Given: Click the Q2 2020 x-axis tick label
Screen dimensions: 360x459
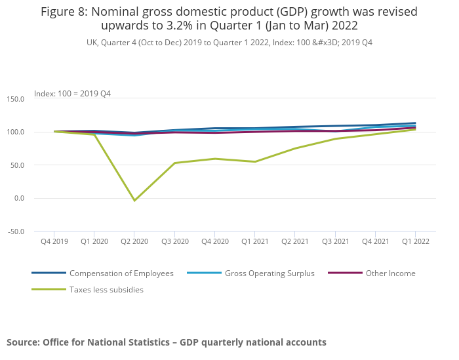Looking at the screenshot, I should (x=134, y=241).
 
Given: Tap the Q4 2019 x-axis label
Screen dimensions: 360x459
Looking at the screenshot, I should (x=54, y=241).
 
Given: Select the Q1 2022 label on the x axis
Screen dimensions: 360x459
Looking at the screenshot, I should (x=416, y=241).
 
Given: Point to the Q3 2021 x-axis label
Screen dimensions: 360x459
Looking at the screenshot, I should (x=335, y=241).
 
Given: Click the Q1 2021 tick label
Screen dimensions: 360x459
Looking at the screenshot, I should (x=254, y=241).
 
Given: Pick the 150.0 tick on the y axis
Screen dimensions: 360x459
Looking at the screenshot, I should (x=15, y=99).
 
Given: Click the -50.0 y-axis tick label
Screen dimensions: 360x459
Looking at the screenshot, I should (x=15, y=231).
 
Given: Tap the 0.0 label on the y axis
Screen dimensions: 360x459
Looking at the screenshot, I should (x=18, y=198).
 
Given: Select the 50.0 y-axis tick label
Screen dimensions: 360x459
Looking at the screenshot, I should (x=16, y=165).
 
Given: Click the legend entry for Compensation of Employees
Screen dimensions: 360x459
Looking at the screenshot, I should (x=121, y=273).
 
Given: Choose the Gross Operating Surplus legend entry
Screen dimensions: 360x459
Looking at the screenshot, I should (x=269, y=273).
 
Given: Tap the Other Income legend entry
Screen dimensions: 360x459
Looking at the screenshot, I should (x=391, y=273).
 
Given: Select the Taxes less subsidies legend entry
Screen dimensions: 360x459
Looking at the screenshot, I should (x=106, y=289).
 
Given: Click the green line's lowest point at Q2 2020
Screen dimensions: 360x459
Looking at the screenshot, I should (x=134, y=201).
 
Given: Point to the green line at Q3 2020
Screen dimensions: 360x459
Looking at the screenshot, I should (x=174, y=163).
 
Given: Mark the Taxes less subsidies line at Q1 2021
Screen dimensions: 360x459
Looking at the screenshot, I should (x=254, y=162).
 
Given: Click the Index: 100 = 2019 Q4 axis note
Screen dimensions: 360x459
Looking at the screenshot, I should (x=72, y=94).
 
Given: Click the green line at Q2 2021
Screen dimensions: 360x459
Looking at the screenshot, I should (x=295, y=148).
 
